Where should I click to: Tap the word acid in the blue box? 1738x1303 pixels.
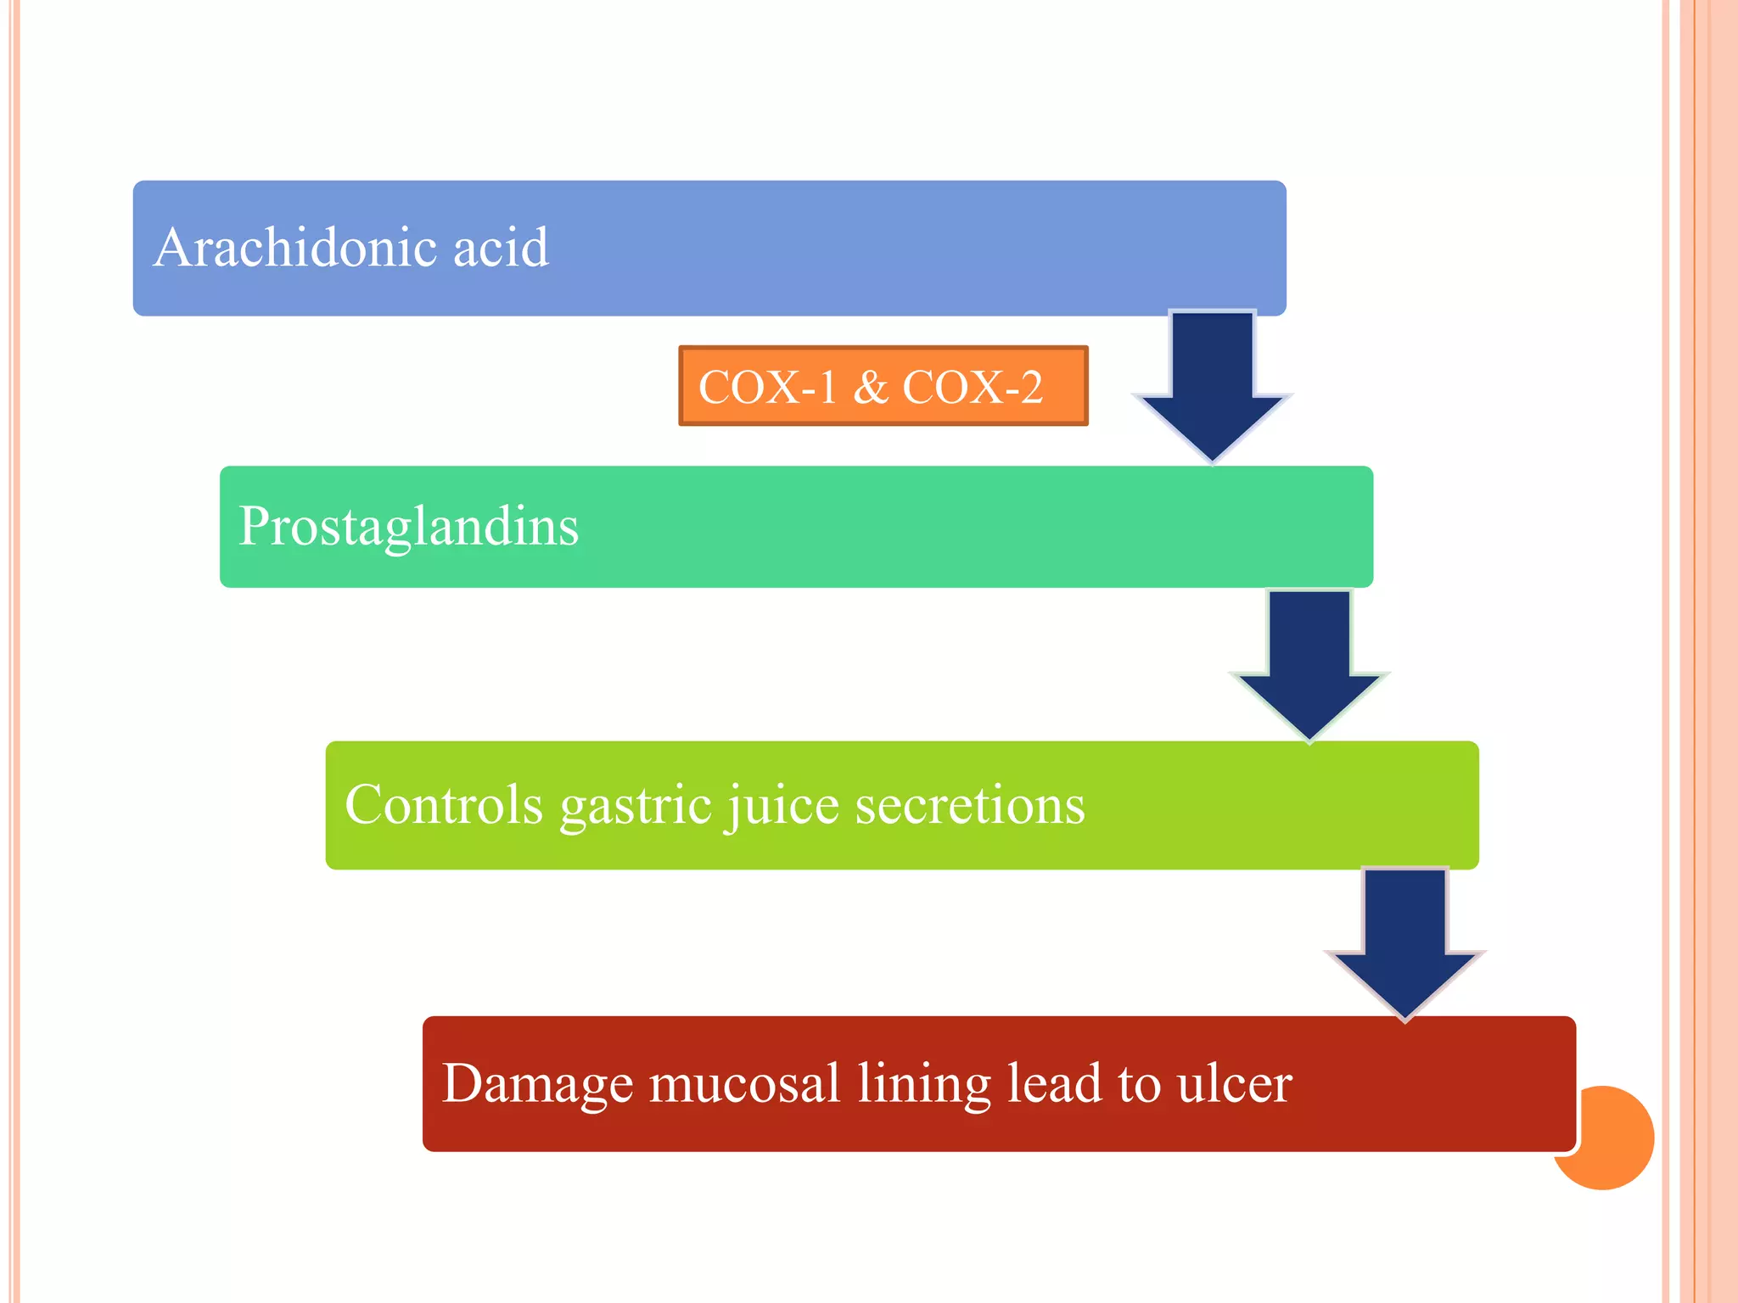[500, 248]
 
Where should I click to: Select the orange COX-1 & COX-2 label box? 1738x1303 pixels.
[883, 386]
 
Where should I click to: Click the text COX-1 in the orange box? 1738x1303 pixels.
[767, 387]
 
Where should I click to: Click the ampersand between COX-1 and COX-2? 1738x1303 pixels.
[870, 387]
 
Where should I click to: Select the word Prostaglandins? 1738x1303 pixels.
[408, 527]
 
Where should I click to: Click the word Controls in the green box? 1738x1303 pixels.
[443, 804]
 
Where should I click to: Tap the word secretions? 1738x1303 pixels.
[969, 804]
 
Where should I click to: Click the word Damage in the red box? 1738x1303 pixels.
[537, 1084]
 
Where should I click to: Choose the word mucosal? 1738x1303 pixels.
[744, 1083]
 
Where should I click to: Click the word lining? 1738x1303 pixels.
[923, 1084]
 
